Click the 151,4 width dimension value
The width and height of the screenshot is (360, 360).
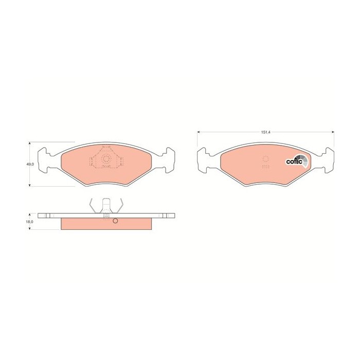[x=265, y=133]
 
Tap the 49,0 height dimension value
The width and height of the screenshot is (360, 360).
[x=30, y=164]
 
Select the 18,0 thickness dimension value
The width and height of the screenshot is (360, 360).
[x=30, y=222]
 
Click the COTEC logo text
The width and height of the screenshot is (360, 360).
[x=294, y=162]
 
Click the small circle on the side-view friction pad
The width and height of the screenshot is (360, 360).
[x=115, y=222]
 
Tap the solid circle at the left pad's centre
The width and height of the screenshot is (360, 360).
[x=106, y=159]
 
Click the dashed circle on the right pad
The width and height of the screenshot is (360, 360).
[x=265, y=159]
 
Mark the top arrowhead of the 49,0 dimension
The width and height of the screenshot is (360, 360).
[x=30, y=143]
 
